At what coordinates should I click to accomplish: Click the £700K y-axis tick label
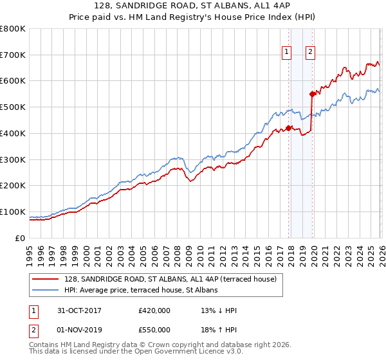click(x=13, y=55)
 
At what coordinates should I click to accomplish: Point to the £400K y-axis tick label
click(x=13, y=134)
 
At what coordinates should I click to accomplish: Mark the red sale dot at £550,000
click(x=312, y=94)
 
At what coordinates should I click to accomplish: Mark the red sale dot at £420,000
click(x=289, y=127)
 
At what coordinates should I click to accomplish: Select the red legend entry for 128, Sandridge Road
click(x=170, y=279)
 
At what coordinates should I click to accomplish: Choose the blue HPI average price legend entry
click(x=141, y=290)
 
